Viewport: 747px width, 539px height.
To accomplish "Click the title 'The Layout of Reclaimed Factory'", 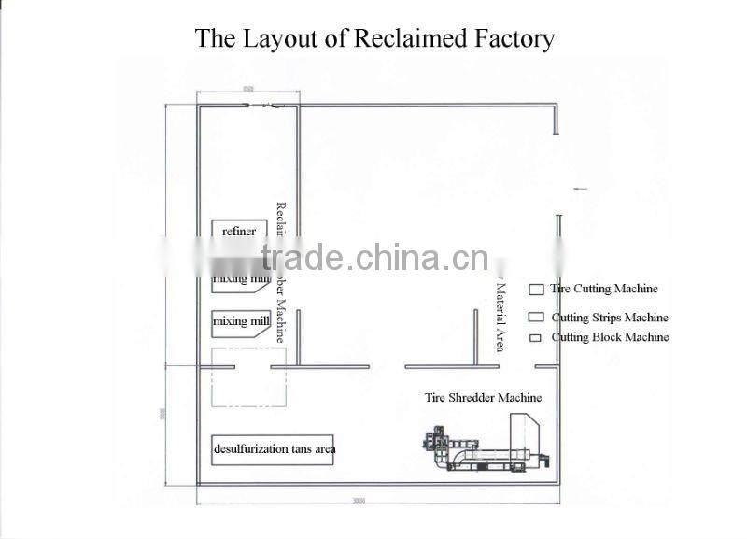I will point(373,38).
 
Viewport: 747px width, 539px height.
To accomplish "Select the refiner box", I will point(240,232).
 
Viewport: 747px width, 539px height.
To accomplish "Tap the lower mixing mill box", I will point(242,322).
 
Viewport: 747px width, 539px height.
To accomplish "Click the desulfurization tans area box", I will point(274,449).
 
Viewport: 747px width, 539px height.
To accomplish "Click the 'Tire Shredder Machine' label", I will point(483,398).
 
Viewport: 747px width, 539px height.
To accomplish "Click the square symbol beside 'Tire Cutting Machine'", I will point(536,290).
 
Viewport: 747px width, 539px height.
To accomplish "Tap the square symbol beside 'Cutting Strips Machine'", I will point(536,318).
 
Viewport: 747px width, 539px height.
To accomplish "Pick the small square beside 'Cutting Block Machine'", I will point(536,338).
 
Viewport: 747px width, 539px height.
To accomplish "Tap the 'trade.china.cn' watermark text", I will point(373,257).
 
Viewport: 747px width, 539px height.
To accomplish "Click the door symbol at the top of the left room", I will point(261,106).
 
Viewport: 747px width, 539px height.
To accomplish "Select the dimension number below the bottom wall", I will point(359,501).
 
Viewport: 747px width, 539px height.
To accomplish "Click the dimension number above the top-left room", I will point(247,88).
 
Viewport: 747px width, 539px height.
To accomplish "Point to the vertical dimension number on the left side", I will point(162,412).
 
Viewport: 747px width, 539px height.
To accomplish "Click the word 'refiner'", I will point(239,232).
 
